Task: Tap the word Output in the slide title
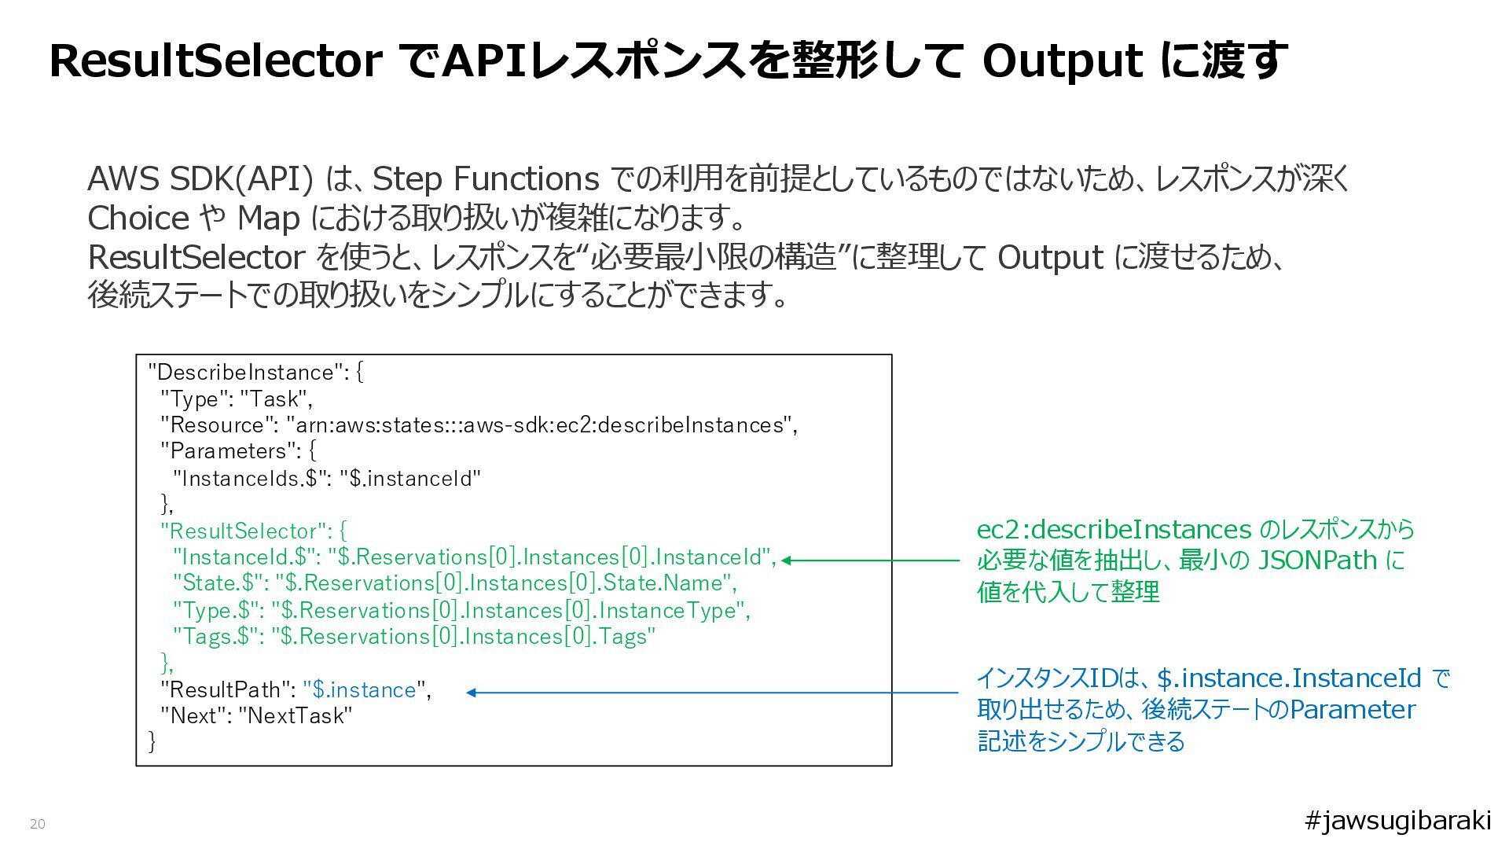point(1062,61)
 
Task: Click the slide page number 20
point(38,824)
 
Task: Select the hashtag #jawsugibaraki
point(1397,821)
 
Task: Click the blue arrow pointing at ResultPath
point(711,693)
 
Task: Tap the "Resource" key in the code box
point(219,425)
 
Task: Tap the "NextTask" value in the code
point(296,716)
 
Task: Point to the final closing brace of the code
point(152,741)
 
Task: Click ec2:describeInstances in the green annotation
point(1113,529)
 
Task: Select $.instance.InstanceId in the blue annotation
point(1289,678)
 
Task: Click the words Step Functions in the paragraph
point(485,179)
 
